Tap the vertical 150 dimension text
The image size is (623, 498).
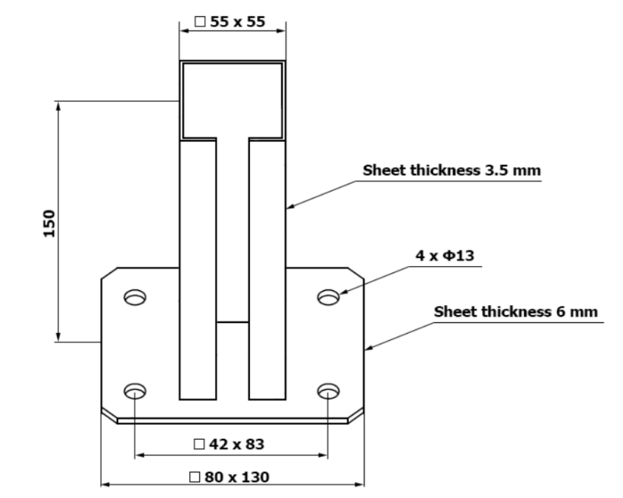pos(49,223)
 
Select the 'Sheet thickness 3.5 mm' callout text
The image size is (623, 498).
pos(452,170)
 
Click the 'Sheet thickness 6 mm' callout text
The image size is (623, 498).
pos(516,312)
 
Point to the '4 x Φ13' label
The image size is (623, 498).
pos(445,255)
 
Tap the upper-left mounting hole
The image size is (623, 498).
pos(135,297)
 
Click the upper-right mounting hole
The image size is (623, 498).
pos(329,297)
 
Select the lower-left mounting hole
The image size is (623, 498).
pos(135,391)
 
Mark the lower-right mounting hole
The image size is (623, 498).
pos(329,391)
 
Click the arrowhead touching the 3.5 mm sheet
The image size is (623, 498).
pos(290,205)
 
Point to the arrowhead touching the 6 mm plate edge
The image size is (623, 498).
pos(368,348)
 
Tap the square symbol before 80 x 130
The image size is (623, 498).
pos(195,477)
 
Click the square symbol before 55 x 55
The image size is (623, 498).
pos(200,22)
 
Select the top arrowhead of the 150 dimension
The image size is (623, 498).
pos(58,107)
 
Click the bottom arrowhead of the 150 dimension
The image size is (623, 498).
pos(58,336)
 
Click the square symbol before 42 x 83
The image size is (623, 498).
pos(199,444)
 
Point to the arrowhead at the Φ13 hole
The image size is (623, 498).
pos(344,292)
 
